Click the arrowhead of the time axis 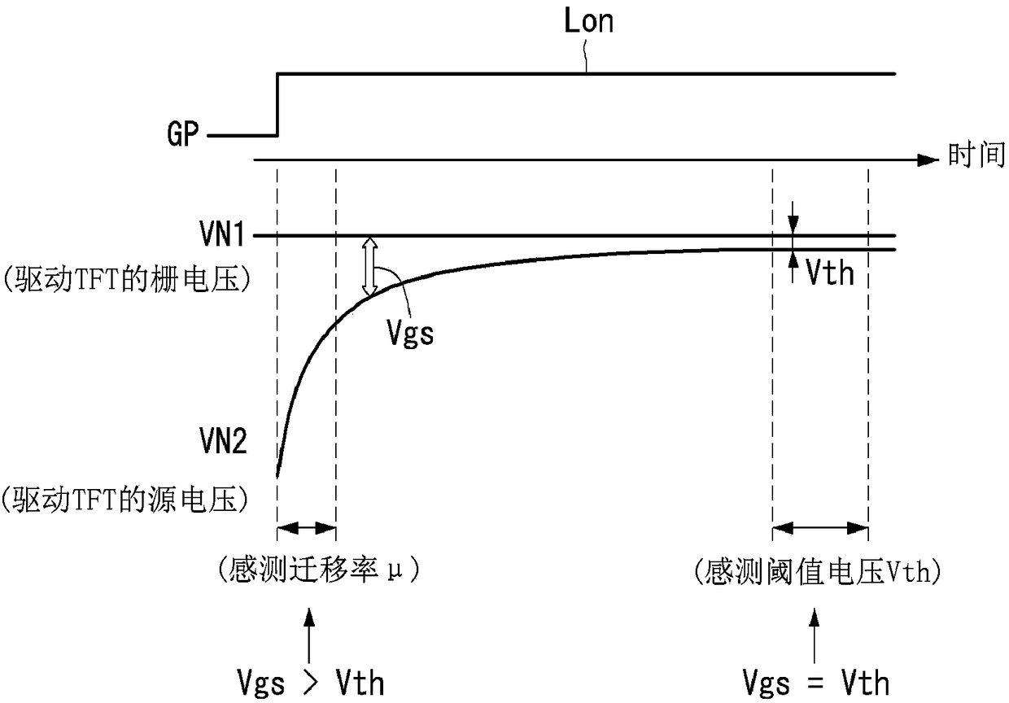pos(927,160)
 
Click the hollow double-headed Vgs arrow pos(370,266)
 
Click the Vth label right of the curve pos(829,273)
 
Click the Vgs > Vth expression pos(308,682)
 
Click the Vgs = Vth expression pos(816,682)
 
